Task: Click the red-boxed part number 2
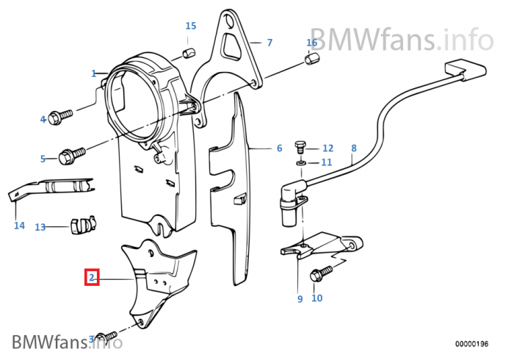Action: (92, 278)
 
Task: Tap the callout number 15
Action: (191, 26)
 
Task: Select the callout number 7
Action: (269, 43)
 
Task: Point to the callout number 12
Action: (327, 148)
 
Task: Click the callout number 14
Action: (19, 226)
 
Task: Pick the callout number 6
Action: (279, 148)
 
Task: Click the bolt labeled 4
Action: (60, 117)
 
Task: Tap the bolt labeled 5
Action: (72, 156)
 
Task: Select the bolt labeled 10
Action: (321, 273)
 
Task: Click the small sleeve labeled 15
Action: (189, 52)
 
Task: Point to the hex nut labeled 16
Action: (312, 58)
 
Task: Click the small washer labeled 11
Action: (300, 162)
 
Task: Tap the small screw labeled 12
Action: (300, 147)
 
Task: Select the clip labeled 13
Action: (82, 225)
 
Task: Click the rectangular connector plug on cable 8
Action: (466, 70)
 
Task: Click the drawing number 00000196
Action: (471, 344)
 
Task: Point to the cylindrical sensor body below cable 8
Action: (289, 212)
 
